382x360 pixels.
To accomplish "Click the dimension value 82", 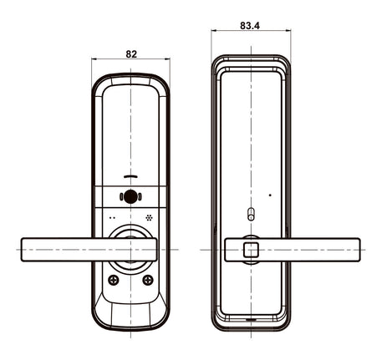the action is point(131,54).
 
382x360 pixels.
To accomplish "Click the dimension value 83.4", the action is point(250,26).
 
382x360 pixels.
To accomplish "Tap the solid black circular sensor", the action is point(130,197).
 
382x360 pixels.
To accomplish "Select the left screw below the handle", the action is point(114,280).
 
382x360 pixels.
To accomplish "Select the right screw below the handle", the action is point(148,280).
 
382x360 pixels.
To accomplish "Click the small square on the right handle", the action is point(251,250).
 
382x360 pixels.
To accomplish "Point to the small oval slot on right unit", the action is point(251,214).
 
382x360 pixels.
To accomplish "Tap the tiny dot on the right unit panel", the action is point(270,195).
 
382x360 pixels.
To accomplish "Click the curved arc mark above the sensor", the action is point(130,176).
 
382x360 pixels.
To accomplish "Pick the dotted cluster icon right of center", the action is point(150,217).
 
